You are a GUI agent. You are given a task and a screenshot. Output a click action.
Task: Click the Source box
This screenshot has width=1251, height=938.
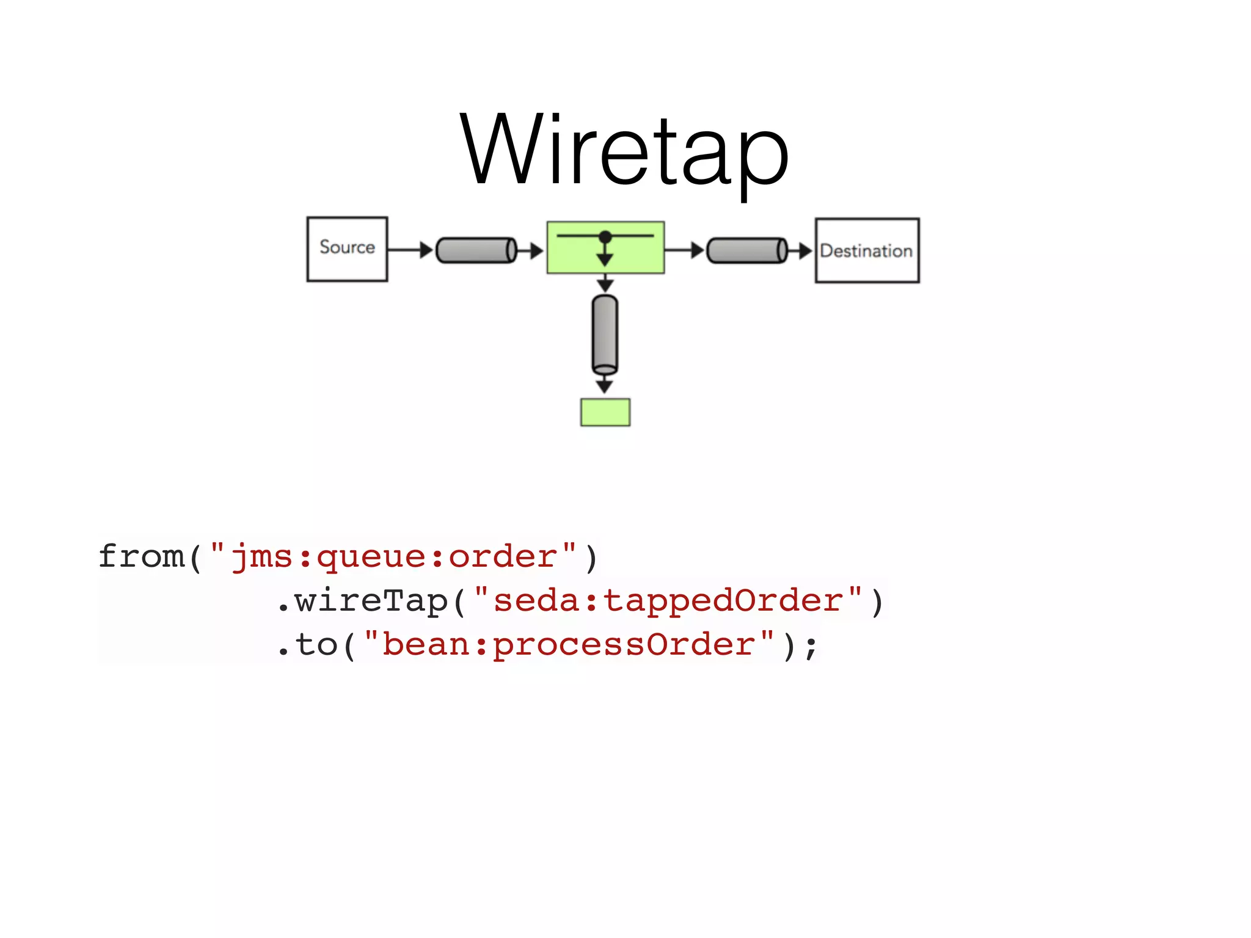[x=347, y=249]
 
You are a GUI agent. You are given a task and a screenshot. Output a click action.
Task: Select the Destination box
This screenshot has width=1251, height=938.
[x=867, y=250]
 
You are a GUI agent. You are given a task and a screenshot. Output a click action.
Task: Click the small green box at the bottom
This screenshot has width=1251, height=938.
[x=605, y=412]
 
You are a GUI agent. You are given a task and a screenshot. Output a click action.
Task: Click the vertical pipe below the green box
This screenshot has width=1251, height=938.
[x=605, y=334]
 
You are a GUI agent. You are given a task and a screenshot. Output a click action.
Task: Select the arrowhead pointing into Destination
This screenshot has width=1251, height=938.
[x=804, y=250]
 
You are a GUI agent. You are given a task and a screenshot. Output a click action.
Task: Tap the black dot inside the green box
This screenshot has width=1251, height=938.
[x=605, y=237]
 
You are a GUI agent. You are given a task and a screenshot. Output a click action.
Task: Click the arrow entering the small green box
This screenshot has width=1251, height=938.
[x=605, y=385]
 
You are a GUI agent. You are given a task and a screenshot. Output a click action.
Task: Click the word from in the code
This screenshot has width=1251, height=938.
[x=141, y=556]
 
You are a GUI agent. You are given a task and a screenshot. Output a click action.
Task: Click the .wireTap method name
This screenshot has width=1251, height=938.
[x=363, y=601]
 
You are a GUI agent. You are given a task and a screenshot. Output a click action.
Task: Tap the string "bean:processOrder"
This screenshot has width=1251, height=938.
[x=568, y=645]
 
